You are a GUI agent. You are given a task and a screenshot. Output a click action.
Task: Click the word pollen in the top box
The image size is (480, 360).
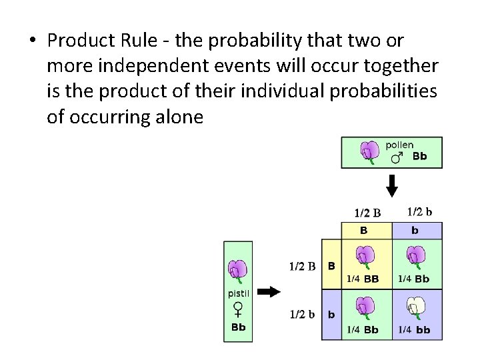click(x=399, y=145)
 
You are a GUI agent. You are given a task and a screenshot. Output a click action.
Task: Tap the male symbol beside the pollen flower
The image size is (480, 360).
click(x=397, y=158)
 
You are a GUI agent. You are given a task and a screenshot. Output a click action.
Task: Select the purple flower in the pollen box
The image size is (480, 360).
click(x=369, y=152)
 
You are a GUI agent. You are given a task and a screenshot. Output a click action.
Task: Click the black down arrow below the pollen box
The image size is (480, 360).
click(x=392, y=185)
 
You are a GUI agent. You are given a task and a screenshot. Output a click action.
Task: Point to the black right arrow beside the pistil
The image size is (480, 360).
click(x=269, y=291)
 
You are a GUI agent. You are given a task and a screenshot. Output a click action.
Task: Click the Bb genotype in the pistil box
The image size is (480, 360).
click(x=238, y=327)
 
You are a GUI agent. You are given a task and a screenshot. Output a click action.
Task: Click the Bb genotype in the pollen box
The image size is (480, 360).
click(x=419, y=157)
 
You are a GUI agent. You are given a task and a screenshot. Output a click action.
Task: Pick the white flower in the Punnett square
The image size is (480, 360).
click(x=417, y=307)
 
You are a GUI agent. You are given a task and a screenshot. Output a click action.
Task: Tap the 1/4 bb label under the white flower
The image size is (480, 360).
click(x=414, y=329)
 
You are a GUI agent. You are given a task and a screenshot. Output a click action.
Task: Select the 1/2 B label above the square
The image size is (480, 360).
click(x=367, y=213)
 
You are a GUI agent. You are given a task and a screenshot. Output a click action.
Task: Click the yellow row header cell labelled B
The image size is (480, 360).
click(x=331, y=265)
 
